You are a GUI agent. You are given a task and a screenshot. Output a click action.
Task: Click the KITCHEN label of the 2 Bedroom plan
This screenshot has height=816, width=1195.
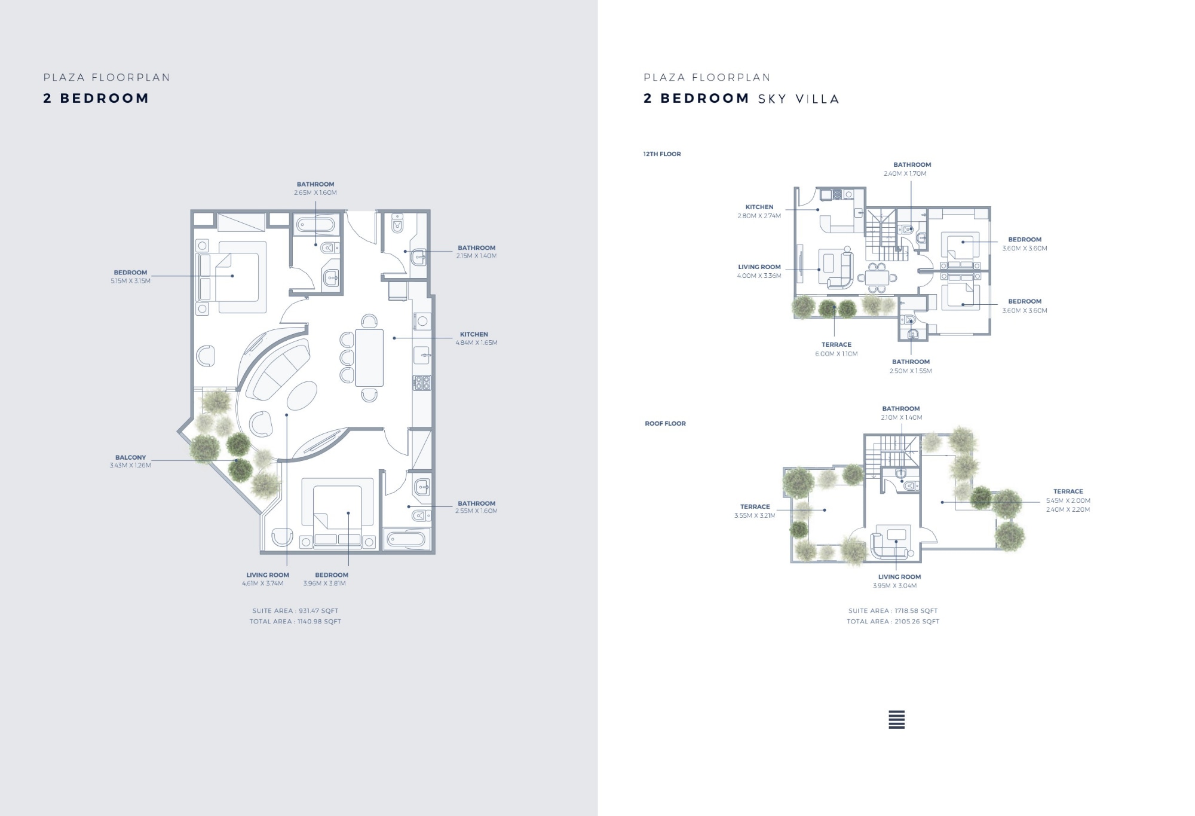coord(474,334)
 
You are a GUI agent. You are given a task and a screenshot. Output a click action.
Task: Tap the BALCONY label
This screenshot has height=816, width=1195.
coord(130,457)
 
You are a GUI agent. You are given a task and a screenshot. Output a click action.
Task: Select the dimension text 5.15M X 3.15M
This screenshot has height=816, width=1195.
coord(130,281)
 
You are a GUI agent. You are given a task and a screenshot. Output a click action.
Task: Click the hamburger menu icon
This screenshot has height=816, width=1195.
coord(896,720)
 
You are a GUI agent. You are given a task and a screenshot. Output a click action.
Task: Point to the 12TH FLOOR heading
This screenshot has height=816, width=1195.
coord(662,154)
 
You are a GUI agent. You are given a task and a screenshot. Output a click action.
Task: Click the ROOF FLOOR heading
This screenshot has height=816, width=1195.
coord(665,424)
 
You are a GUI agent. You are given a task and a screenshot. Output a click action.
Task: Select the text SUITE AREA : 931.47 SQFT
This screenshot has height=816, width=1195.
coord(295,611)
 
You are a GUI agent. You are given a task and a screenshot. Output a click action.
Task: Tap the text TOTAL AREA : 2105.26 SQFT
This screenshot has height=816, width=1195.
coord(893,622)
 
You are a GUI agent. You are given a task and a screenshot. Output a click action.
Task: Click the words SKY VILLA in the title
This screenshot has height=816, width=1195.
coord(799,99)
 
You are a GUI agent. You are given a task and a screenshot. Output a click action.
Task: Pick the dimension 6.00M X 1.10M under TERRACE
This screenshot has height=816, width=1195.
coord(836,354)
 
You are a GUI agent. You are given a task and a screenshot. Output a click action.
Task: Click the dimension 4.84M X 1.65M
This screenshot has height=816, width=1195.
coord(476,343)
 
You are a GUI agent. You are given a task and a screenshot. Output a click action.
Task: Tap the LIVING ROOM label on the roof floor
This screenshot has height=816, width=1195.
coord(899,577)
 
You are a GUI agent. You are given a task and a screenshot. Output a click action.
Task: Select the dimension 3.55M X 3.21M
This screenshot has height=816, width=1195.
coord(755,515)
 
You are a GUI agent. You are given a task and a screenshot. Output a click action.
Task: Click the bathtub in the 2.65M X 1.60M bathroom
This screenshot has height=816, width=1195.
coord(316,225)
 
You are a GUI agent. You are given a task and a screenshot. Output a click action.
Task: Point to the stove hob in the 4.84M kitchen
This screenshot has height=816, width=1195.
coord(422,383)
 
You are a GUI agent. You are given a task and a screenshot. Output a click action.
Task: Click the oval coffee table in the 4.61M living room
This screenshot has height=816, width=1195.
coord(302,396)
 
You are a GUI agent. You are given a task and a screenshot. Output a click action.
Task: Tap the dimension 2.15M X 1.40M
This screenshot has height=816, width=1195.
coord(476,256)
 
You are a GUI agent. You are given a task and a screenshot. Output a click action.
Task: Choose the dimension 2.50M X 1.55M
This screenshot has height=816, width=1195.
coord(911,371)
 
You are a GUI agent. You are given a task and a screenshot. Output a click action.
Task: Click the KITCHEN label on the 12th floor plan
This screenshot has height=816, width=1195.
coord(759,207)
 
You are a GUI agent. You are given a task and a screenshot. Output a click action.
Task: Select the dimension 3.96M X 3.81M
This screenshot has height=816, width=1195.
coord(324,583)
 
